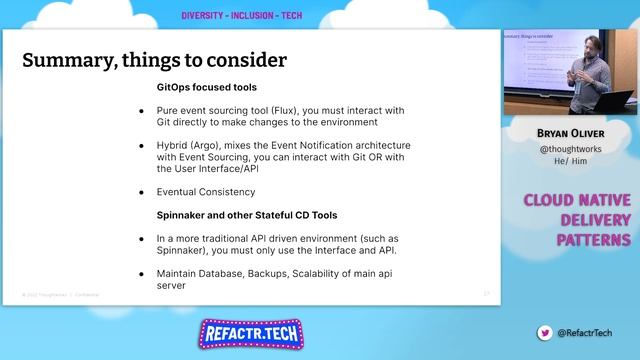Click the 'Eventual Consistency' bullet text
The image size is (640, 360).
tap(206, 192)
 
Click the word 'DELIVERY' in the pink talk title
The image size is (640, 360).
tap(594, 220)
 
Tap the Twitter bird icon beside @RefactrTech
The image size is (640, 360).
tap(544, 332)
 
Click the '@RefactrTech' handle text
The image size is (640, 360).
tap(585, 332)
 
